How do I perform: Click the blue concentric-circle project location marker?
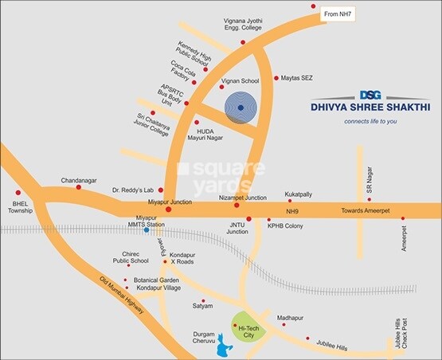pyautogui.click(x=240, y=108)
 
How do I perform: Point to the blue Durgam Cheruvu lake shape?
pyautogui.click(x=224, y=348)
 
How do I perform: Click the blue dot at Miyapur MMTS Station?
pyautogui.click(x=146, y=230)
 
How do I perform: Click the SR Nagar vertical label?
pyautogui.click(x=369, y=187)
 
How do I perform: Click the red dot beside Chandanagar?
pyautogui.click(x=78, y=187)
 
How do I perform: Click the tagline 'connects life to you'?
pyautogui.click(x=370, y=122)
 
